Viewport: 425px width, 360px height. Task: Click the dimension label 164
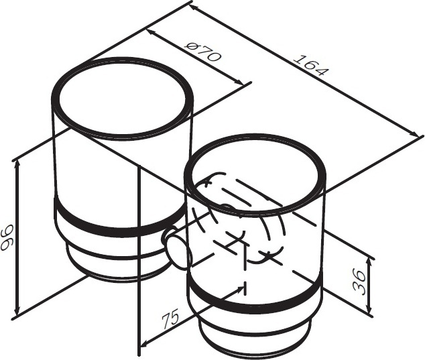(311, 65)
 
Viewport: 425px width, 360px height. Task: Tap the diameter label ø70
(202, 52)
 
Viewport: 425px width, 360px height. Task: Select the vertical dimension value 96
(7, 237)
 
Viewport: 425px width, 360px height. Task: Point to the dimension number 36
(360, 283)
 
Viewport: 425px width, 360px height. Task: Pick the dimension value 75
(171, 318)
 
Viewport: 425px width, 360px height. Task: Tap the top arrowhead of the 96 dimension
(17, 164)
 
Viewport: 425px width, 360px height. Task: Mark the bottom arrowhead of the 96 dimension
(17, 310)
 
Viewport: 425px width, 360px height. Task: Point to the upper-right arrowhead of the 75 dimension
(240, 289)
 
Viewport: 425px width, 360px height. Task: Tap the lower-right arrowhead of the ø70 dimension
(239, 82)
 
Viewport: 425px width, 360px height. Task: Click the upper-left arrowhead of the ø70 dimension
(151, 33)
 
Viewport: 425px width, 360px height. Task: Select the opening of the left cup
(122, 99)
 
